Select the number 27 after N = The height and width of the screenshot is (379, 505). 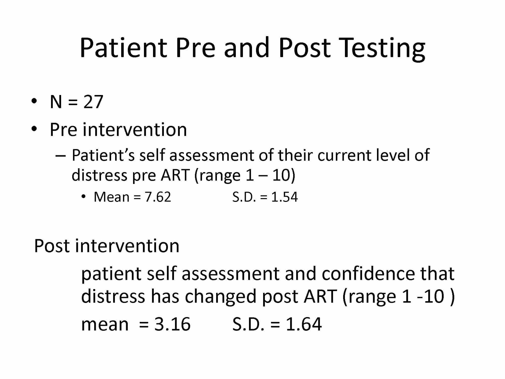click(x=93, y=102)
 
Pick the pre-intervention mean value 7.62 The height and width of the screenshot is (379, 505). click(x=158, y=197)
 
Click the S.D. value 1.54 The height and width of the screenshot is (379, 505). click(x=285, y=197)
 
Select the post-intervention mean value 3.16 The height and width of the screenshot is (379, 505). click(x=172, y=324)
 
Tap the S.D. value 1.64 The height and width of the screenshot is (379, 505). click(x=304, y=324)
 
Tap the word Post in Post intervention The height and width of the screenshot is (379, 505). click(x=52, y=246)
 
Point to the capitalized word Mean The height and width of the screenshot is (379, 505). click(x=112, y=197)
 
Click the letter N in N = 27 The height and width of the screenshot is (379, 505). click(x=56, y=102)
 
